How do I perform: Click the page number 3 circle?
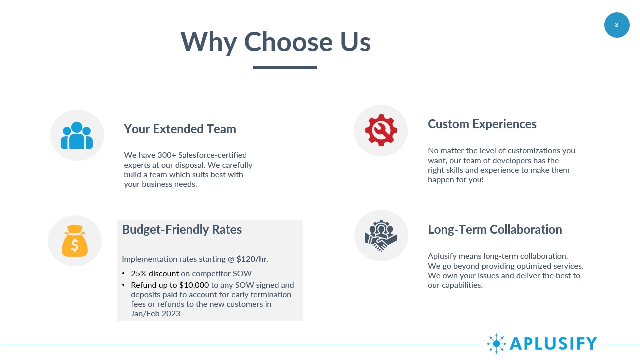tap(617, 25)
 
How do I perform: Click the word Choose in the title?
tap(288, 42)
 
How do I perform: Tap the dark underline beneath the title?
tap(285, 67)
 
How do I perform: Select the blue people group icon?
tap(77, 135)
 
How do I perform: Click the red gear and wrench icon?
tap(381, 130)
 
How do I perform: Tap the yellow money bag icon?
tap(75, 241)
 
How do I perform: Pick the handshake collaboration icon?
tap(381, 235)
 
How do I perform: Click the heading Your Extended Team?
tap(180, 129)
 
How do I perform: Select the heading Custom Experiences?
tap(482, 124)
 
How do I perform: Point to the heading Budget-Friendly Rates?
tap(182, 229)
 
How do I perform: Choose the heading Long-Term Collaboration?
tap(495, 229)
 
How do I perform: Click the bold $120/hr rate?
tap(252, 259)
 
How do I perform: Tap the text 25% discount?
tap(155, 273)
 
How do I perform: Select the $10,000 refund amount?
tap(194, 285)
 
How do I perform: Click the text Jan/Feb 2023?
tap(155, 313)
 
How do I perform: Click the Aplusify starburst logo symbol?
tap(496, 343)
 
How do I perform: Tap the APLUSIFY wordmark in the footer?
tap(553, 343)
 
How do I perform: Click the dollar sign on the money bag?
tap(75, 245)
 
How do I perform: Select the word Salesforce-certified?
tap(212, 155)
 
